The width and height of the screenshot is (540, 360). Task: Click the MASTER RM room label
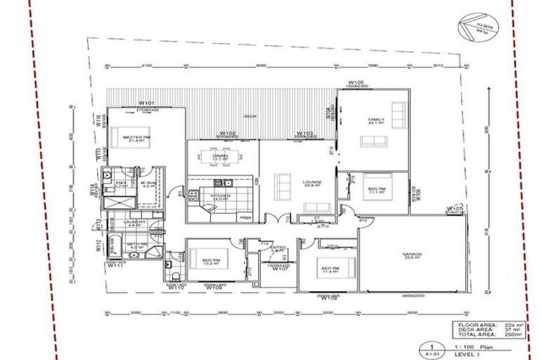point(136,137)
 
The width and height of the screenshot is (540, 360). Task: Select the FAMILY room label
point(377,120)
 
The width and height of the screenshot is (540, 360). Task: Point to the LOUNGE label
point(311,182)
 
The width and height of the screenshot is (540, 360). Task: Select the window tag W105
point(354,82)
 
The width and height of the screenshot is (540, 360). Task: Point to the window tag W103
point(304,132)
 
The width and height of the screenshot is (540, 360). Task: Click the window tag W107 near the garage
point(454,208)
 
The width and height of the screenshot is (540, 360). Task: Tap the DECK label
point(250,116)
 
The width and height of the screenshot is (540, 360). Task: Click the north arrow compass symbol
point(474,29)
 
